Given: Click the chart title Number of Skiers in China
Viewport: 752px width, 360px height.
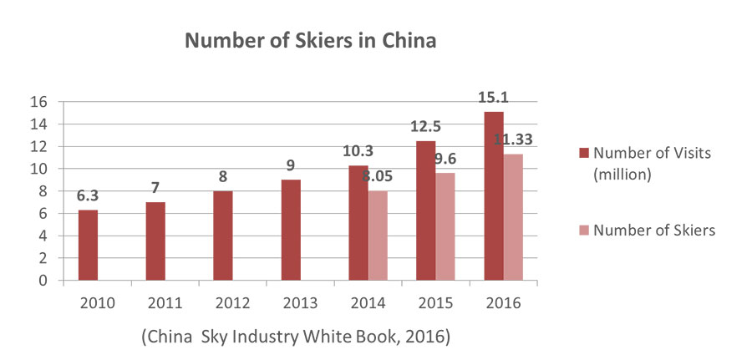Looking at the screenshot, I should click(x=311, y=41).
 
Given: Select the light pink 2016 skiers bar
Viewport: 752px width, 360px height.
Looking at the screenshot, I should click(x=512, y=217).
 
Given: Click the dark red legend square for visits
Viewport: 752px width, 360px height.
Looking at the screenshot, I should click(x=583, y=153).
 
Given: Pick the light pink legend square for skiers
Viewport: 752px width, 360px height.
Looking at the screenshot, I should click(x=583, y=231).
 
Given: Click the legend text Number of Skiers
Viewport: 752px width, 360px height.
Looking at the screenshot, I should click(x=654, y=231).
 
